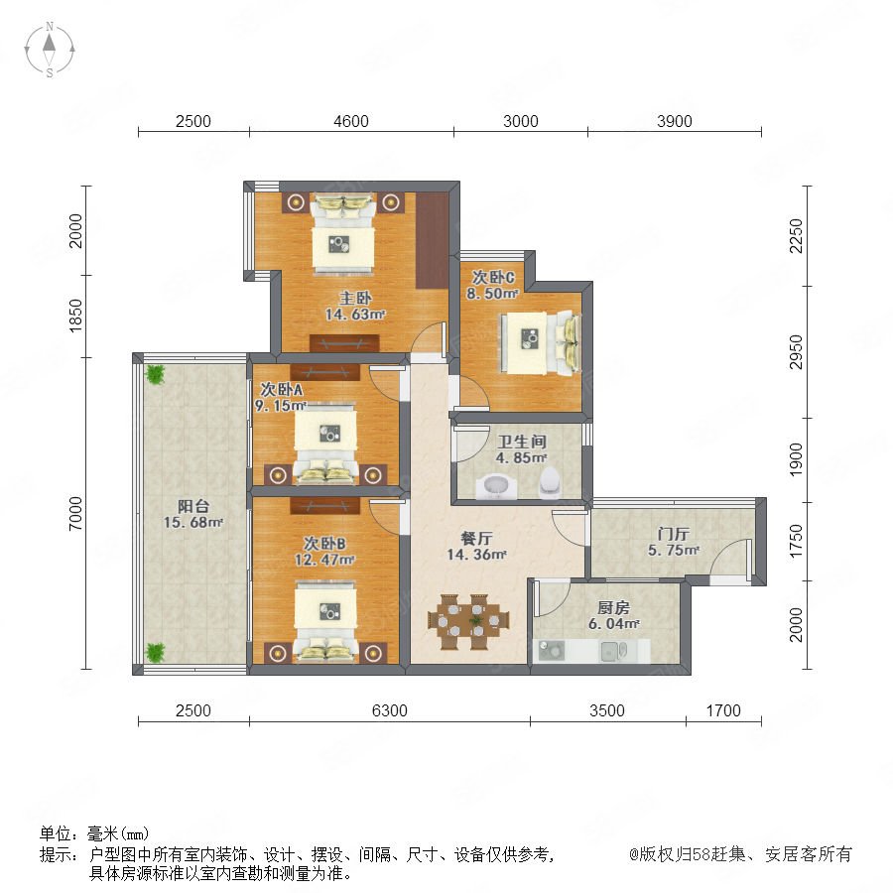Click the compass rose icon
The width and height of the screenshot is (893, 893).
[x=50, y=50]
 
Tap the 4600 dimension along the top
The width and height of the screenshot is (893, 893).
[x=351, y=121]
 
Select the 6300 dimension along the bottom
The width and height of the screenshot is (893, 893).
[x=390, y=710]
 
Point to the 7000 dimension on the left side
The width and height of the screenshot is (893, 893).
[x=75, y=513]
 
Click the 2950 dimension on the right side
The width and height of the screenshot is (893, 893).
[x=796, y=352]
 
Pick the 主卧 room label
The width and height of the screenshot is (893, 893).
[x=355, y=298]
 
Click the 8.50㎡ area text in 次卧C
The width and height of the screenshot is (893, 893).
[x=492, y=294]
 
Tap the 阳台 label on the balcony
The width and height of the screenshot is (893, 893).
[x=193, y=506]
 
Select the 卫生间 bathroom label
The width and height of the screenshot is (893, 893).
[x=522, y=442]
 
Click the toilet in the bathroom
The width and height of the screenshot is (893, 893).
[x=550, y=482]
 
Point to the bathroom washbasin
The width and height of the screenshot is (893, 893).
[x=496, y=487]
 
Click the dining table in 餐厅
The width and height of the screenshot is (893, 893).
[x=468, y=622]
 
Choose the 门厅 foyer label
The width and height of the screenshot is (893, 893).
[x=673, y=534]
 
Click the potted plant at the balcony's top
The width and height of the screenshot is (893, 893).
[x=155, y=374]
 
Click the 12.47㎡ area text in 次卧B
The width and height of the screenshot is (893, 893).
[x=324, y=560]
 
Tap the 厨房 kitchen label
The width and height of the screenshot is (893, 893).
[x=613, y=607]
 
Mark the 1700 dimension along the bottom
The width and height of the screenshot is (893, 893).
[x=723, y=710]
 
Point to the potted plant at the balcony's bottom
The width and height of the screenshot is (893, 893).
[x=155, y=653]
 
